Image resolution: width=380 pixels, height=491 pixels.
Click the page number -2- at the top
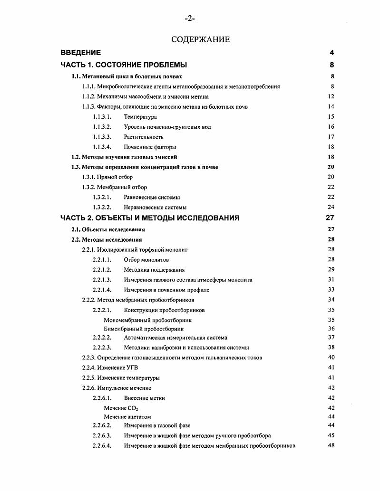(x=190, y=19)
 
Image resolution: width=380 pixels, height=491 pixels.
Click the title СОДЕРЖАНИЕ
(x=200, y=39)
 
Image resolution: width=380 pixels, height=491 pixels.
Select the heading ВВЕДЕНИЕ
(x=80, y=53)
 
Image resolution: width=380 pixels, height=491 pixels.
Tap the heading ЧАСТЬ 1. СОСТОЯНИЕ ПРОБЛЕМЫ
(x=124, y=65)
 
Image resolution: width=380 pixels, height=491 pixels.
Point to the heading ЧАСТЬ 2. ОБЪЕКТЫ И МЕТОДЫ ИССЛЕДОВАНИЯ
(x=150, y=218)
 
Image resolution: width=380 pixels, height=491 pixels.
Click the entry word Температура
(x=140, y=117)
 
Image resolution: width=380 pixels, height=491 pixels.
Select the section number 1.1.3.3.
(x=102, y=137)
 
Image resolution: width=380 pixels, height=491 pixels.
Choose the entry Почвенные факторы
(x=150, y=147)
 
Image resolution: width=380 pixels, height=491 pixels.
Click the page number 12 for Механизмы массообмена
(x=331, y=96)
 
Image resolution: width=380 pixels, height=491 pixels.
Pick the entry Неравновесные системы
(x=155, y=207)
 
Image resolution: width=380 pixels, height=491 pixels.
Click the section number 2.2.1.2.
(x=102, y=270)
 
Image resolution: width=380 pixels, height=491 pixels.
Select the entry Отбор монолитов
(x=146, y=260)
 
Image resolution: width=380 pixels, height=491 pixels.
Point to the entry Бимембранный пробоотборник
(x=144, y=329)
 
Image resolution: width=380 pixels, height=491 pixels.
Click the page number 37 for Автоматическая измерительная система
(x=331, y=338)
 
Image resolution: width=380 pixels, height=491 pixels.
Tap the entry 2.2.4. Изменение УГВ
(x=111, y=368)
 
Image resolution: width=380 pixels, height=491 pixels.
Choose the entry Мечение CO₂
(x=121, y=408)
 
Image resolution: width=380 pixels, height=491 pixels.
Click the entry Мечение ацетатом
(x=127, y=416)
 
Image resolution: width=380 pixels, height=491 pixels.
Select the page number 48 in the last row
(x=331, y=446)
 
